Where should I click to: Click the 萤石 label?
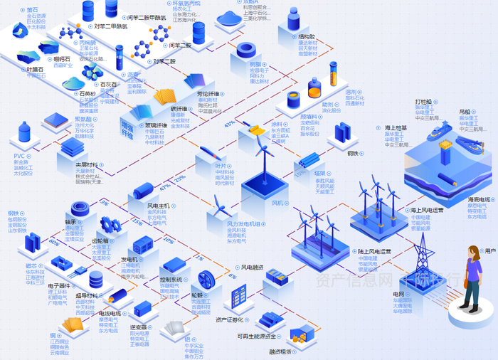point(33,10)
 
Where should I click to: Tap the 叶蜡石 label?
point(36,69)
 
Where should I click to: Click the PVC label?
point(20,155)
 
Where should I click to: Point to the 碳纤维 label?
point(178,108)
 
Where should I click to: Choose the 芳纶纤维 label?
point(206,93)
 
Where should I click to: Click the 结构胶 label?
point(307,36)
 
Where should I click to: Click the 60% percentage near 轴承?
point(54,242)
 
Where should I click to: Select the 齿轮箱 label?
point(104,240)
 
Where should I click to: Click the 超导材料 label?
point(87,295)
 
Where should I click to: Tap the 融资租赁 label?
point(280,351)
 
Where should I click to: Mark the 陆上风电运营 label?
point(374,251)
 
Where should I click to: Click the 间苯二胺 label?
point(180,46)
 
